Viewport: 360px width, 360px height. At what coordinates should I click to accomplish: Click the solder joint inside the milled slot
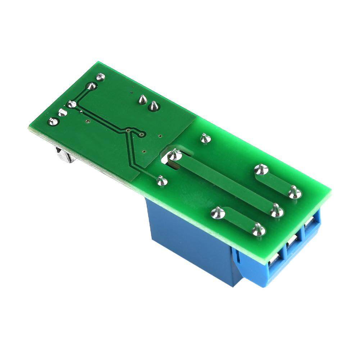(175, 155)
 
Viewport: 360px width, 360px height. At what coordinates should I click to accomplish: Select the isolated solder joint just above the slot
(205, 138)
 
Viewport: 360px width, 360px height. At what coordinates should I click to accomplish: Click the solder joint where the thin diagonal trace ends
(162, 181)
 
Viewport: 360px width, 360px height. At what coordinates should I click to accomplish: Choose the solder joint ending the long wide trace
(277, 211)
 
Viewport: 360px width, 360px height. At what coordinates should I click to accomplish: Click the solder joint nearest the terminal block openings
(258, 229)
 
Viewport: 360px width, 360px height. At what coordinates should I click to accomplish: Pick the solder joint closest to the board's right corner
(295, 193)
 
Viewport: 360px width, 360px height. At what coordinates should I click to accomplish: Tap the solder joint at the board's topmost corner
(101, 76)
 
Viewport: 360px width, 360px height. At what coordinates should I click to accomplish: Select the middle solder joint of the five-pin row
(72, 105)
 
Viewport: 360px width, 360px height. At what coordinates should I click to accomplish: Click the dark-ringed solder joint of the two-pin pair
(154, 106)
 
